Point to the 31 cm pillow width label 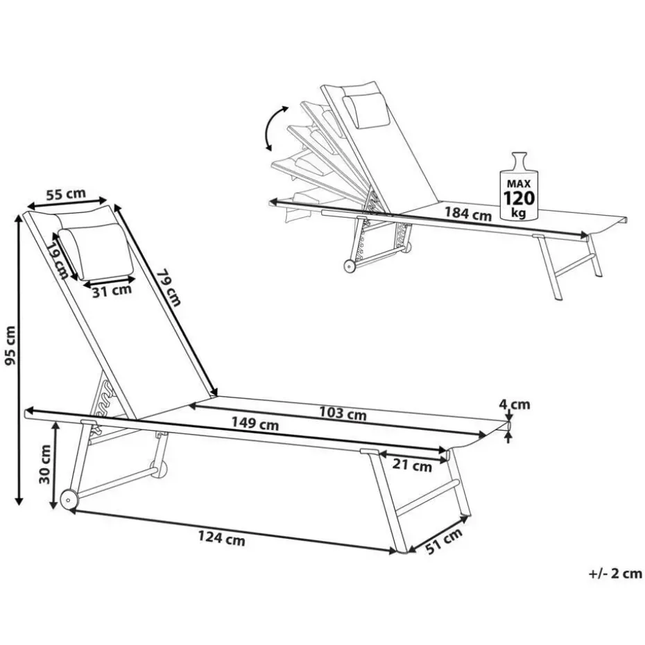coord(112,291)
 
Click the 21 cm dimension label coord(413,466)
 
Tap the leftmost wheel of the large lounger coord(69,499)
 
